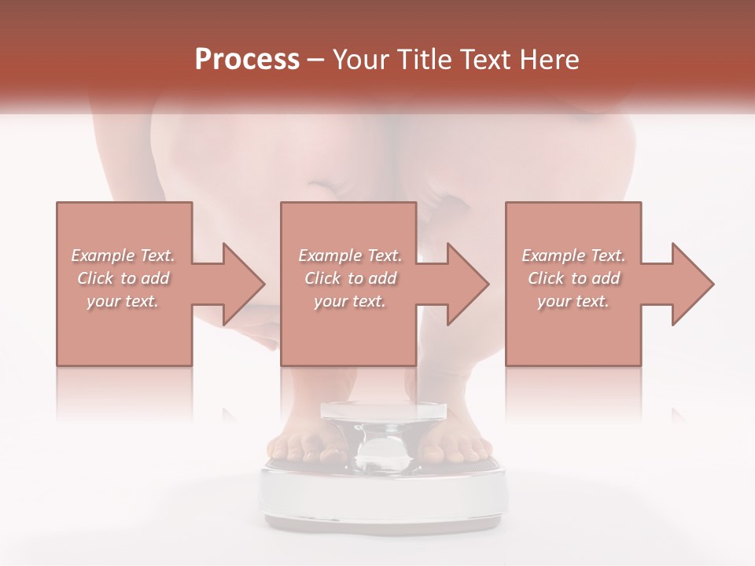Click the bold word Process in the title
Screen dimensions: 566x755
[247, 60]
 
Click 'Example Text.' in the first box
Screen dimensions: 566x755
[123, 255]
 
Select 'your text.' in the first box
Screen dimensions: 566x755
[123, 301]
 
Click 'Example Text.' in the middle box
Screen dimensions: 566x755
[350, 255]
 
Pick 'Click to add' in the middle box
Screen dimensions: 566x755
[350, 278]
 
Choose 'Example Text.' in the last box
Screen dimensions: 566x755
[574, 255]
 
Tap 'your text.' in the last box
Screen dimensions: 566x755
[574, 301]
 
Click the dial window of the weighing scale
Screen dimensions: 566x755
[382, 449]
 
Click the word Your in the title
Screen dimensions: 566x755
[361, 60]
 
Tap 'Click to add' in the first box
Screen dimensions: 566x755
[123, 278]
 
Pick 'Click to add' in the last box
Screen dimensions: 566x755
[574, 278]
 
